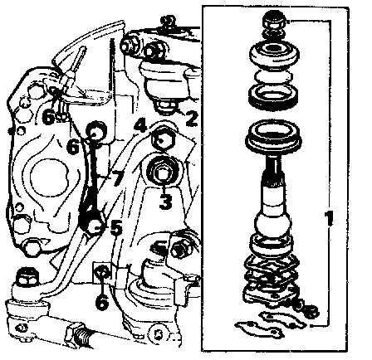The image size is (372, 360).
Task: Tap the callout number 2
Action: [x=192, y=119]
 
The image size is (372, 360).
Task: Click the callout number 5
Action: [x=116, y=227]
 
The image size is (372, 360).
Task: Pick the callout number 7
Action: [x=117, y=179]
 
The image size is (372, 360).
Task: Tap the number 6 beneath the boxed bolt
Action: [x=102, y=301]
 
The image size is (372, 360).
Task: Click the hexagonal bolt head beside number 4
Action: [x=163, y=139]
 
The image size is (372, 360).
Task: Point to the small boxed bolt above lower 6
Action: [x=102, y=271]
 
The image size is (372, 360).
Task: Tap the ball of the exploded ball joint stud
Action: [x=272, y=224]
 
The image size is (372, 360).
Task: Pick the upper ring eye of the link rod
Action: [x=96, y=131]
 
